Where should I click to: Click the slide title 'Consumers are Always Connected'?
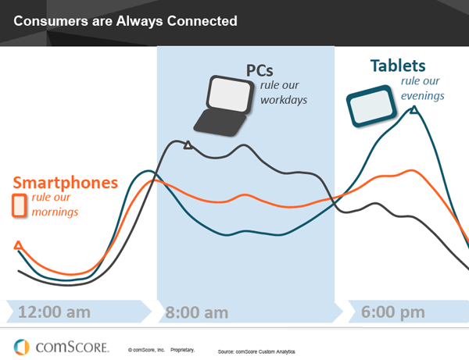pos(125,21)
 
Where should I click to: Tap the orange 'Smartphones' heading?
pos(66,183)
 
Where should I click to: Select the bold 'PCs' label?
pos(260,71)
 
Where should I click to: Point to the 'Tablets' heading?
pos(398,66)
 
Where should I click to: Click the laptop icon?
pos(224,106)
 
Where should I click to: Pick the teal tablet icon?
pos(371,106)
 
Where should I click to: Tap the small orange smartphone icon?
pos(19,205)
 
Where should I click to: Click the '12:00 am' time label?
pos(54,312)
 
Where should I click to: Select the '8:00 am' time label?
pos(197,313)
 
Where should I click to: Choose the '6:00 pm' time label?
pos(393,312)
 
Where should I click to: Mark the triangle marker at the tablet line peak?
pos(414,110)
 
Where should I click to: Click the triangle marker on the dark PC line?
pos(188,145)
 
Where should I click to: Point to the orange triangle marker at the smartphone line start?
pos(18,245)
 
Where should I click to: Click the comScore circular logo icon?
pos(22,348)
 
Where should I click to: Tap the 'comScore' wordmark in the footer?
pos(73,348)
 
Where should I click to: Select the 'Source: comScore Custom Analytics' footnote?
pos(256,351)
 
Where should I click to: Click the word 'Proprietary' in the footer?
pos(182,350)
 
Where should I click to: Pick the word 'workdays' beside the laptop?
pos(284,100)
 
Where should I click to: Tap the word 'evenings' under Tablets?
pos(423,96)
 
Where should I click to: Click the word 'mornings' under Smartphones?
pos(55,212)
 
